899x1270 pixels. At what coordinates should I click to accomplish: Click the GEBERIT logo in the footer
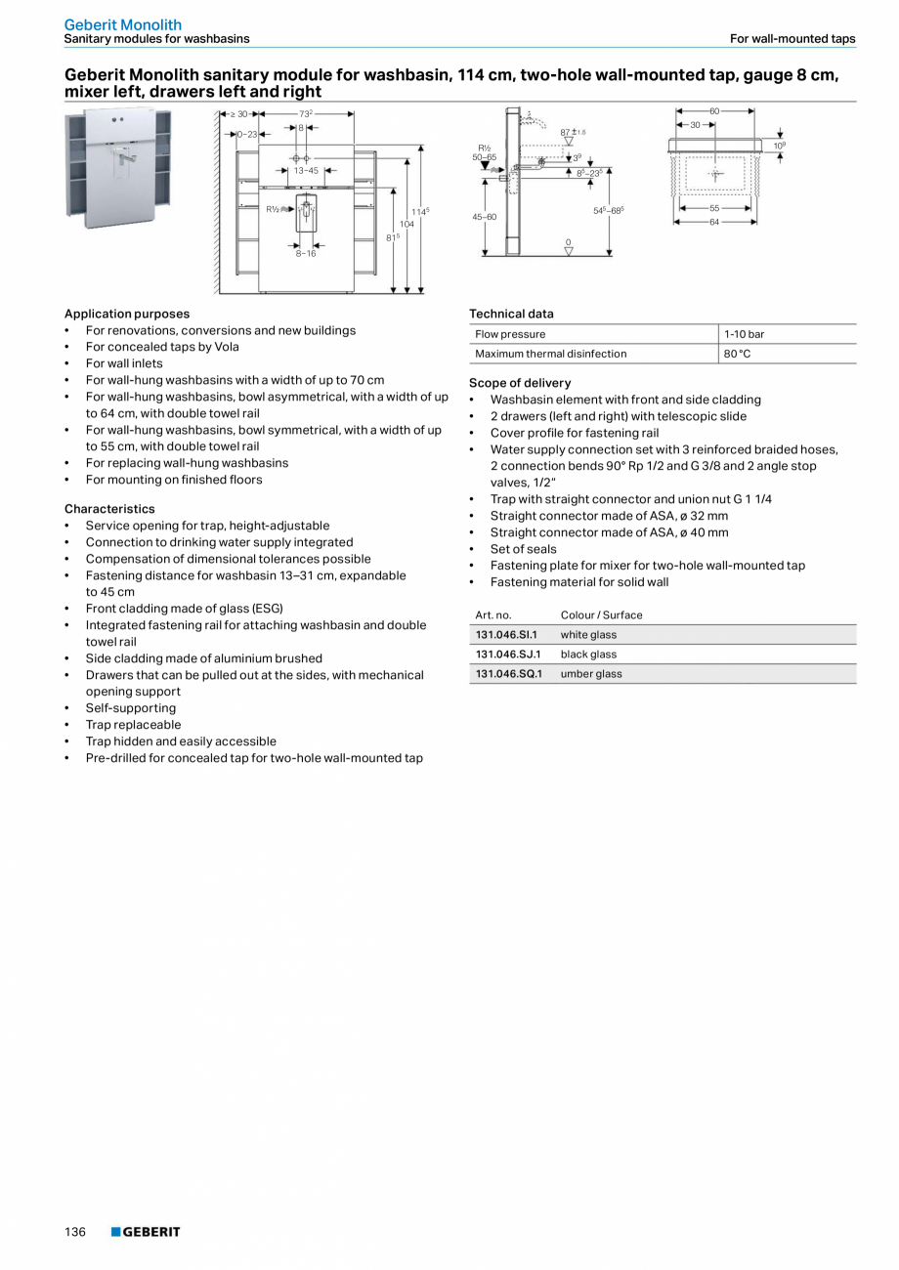[x=146, y=1232]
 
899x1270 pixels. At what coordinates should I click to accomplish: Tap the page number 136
[x=75, y=1232]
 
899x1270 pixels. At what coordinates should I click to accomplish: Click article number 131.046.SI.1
[x=506, y=635]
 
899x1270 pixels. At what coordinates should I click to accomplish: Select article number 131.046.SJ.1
[x=507, y=655]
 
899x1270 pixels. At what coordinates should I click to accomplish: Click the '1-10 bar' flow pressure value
[x=744, y=334]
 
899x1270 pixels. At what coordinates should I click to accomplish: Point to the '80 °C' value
[x=737, y=354]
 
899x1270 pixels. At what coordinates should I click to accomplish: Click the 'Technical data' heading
[x=511, y=314]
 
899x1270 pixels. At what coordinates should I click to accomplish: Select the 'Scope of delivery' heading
[x=520, y=383]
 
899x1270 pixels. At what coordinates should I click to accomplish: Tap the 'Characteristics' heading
[x=109, y=509]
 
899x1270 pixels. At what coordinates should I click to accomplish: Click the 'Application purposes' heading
[x=127, y=314]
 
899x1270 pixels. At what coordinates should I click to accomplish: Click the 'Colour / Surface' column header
[x=601, y=615]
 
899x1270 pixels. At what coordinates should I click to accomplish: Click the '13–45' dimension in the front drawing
[x=306, y=170]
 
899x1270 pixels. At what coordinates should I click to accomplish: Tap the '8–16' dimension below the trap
[x=306, y=253]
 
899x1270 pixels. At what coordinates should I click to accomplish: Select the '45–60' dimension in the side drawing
[x=485, y=217]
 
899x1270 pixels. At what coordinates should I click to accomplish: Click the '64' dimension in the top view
[x=714, y=223]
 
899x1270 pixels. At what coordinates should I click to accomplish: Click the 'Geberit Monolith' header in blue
[x=123, y=24]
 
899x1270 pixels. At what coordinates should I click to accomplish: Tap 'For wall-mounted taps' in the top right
[x=792, y=39]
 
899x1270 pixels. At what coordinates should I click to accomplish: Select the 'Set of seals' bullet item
[x=523, y=549]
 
